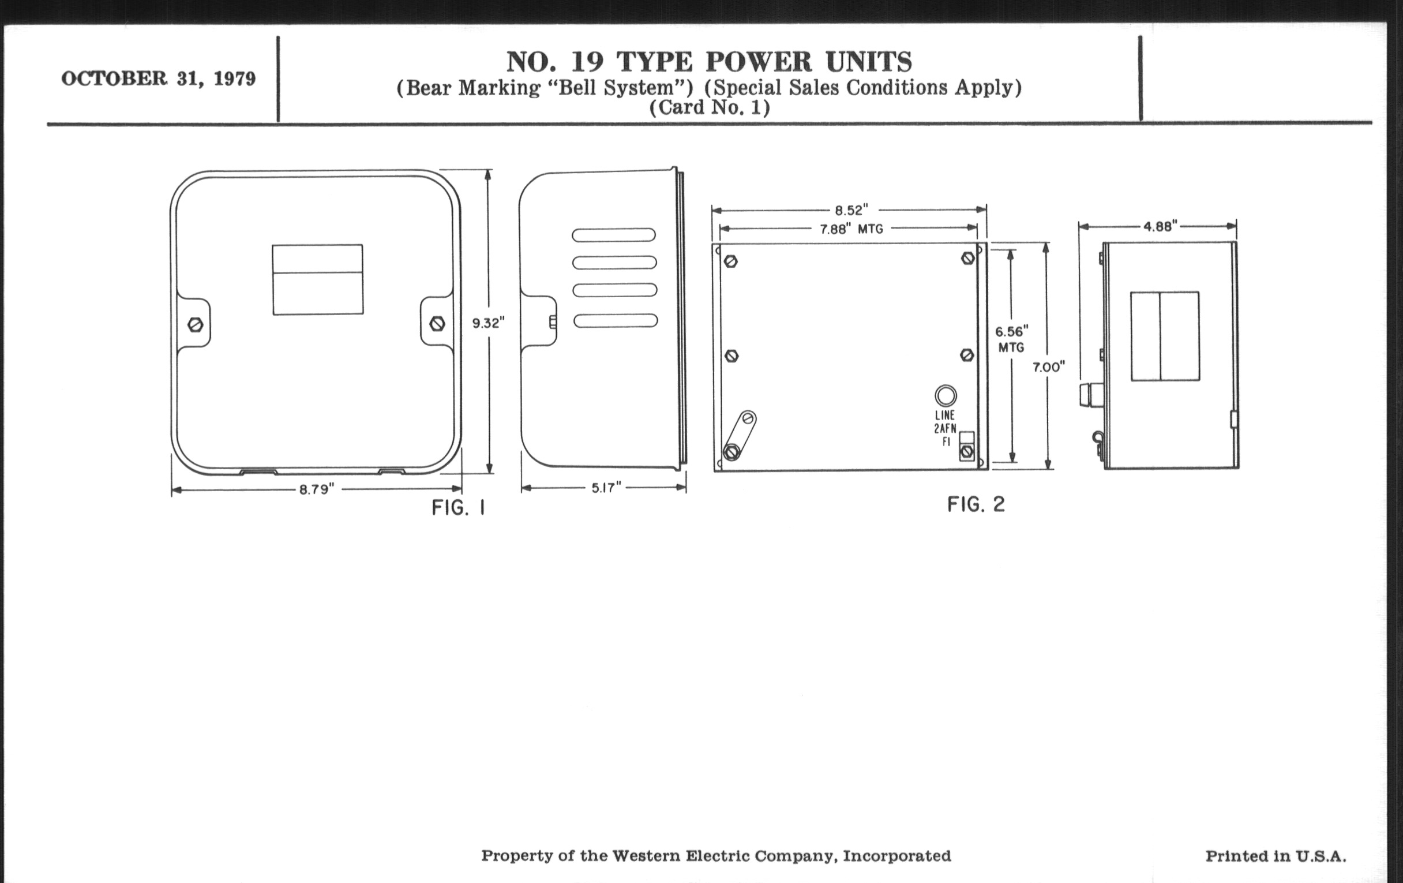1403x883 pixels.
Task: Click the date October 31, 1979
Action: (158, 78)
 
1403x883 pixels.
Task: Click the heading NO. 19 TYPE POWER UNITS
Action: (708, 62)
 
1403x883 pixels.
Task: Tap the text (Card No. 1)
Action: (709, 108)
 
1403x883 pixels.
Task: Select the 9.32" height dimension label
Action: (488, 323)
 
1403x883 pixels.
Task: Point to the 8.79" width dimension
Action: (316, 489)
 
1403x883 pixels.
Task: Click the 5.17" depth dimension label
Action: (606, 488)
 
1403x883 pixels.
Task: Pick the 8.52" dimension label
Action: (851, 210)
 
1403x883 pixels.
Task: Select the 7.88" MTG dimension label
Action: (851, 229)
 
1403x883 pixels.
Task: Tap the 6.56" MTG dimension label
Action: (1011, 339)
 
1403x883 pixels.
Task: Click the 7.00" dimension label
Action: (1049, 367)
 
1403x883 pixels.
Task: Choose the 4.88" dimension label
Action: (1160, 226)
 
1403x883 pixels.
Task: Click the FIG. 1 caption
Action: (459, 508)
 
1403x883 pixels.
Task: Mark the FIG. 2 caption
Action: (976, 505)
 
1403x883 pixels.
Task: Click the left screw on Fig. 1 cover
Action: (196, 325)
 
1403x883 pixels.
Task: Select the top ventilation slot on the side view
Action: (613, 235)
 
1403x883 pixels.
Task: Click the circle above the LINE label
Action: (945, 396)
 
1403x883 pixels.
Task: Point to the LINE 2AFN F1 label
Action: (945, 428)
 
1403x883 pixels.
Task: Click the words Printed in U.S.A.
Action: (1276, 856)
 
